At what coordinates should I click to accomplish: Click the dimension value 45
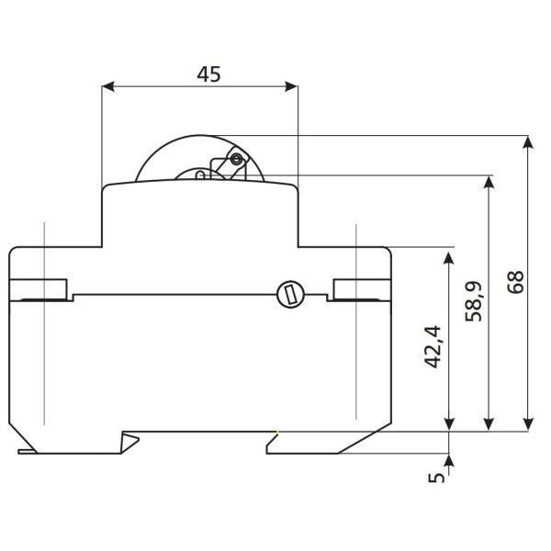pos(208,74)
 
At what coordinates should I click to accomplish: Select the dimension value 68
pos(516,281)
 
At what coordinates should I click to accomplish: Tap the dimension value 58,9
pos(475,300)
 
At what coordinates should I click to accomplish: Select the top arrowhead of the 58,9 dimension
pos(489,181)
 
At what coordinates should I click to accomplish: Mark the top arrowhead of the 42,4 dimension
pos(448,253)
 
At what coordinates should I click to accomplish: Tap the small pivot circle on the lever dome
pos(237,160)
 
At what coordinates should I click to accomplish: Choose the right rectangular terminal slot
pos(362,289)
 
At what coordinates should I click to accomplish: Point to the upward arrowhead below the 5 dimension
pos(448,458)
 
